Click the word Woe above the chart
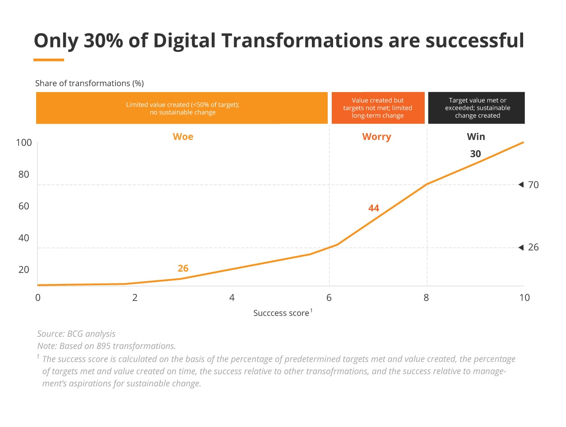(x=183, y=136)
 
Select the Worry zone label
(x=376, y=136)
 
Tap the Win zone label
(x=476, y=136)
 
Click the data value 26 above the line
(x=183, y=269)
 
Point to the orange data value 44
(x=373, y=208)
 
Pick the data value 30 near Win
(x=475, y=154)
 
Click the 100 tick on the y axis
(x=24, y=143)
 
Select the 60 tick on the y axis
(x=24, y=206)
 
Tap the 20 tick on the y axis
(x=24, y=269)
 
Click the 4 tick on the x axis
(x=232, y=298)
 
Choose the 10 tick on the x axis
(x=524, y=298)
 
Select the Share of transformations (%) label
(x=89, y=84)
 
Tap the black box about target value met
(x=476, y=108)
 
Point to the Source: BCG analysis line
(x=76, y=334)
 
